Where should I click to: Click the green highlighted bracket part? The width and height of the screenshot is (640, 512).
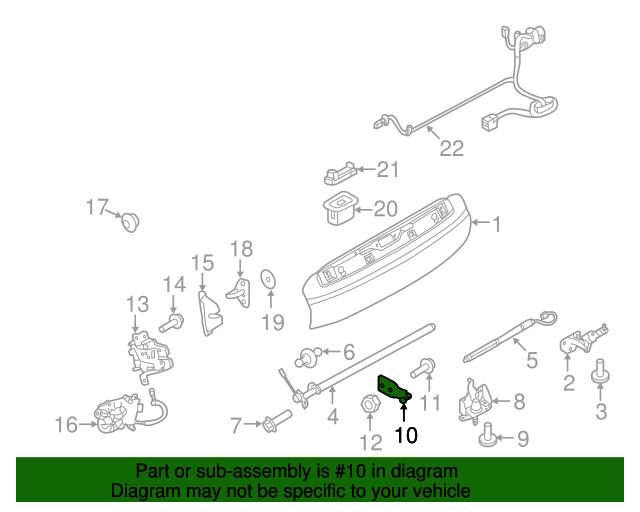click(x=391, y=389)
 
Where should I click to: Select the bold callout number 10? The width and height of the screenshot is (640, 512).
click(x=405, y=435)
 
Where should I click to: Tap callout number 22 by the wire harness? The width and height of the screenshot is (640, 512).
click(x=452, y=148)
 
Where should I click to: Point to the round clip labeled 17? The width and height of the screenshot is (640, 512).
click(x=129, y=221)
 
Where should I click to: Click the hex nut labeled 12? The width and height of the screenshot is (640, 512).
click(x=367, y=405)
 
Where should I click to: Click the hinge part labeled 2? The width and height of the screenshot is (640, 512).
click(x=578, y=340)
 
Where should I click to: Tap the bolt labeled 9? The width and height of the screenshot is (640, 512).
click(x=488, y=433)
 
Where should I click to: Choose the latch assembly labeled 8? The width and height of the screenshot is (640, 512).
click(x=475, y=400)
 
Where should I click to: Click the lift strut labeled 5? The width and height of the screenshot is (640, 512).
click(x=505, y=340)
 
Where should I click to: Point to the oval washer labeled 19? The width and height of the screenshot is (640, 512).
click(x=268, y=279)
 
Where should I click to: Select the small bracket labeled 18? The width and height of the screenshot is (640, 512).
click(x=239, y=291)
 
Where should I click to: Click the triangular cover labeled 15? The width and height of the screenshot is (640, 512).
click(x=211, y=314)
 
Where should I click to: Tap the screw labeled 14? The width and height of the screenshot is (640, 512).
click(x=174, y=323)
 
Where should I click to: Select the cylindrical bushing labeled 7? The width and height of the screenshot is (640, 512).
click(x=275, y=425)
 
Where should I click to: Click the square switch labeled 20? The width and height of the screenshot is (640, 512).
click(x=338, y=207)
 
